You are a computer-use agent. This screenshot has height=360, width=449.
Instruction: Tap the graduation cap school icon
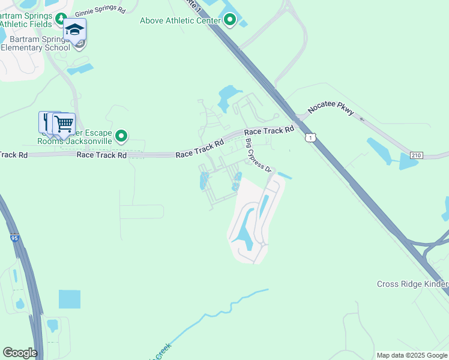click(76, 30)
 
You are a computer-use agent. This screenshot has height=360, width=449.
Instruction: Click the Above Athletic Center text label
click(179, 21)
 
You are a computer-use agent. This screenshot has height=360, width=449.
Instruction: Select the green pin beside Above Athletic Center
click(231, 21)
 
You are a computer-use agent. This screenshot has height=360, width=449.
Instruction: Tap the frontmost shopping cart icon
click(64, 124)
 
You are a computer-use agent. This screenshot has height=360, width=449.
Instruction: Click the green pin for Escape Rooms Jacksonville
click(121, 136)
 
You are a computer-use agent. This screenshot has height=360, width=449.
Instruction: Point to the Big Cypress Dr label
click(259, 156)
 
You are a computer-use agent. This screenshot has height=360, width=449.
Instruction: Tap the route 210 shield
click(416, 155)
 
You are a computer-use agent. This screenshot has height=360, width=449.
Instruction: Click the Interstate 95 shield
click(14, 238)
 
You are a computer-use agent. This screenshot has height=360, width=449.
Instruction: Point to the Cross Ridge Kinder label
click(412, 284)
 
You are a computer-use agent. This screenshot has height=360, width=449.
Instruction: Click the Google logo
click(20, 352)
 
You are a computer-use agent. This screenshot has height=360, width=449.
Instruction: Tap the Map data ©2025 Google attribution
click(412, 355)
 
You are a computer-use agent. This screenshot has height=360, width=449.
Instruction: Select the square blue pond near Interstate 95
click(69, 299)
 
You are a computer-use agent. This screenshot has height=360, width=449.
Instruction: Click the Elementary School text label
click(35, 47)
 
